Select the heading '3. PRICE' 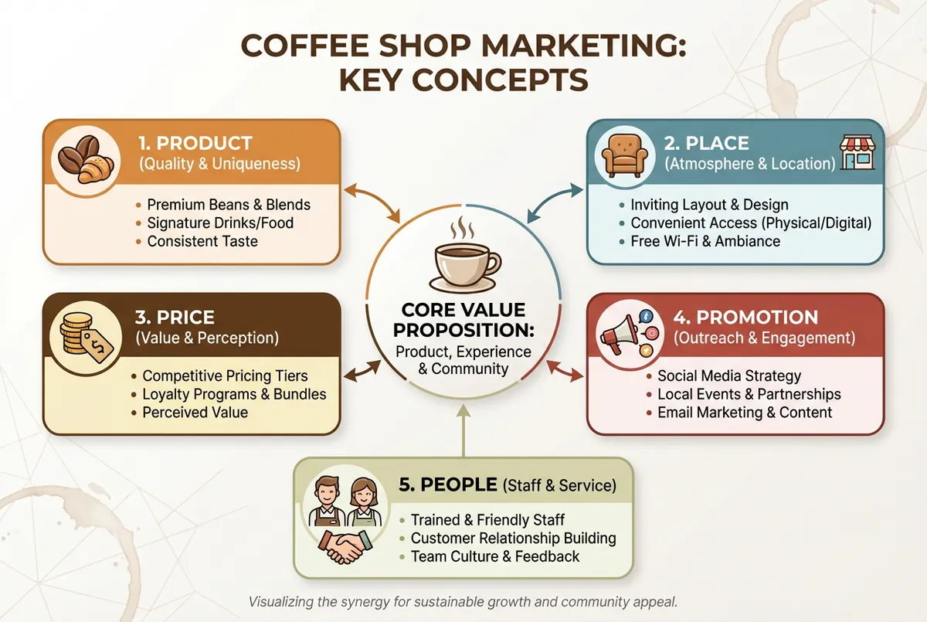coord(175,318)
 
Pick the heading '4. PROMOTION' coord(745,318)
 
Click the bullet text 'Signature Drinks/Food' coord(220,223)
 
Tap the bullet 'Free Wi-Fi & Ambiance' coord(705,241)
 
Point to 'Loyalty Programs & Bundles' coord(234,394)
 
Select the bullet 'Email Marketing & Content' coord(745,412)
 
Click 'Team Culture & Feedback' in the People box coord(495,556)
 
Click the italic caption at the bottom coord(463,601)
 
